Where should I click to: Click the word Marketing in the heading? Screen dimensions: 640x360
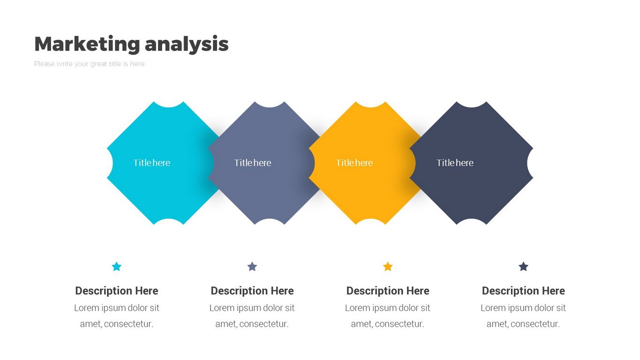[x=87, y=44]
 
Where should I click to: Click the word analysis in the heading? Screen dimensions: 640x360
[x=187, y=44]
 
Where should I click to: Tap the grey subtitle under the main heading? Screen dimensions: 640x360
[x=89, y=64]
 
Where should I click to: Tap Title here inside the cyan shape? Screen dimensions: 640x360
[x=152, y=163]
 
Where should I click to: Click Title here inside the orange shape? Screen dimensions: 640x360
[x=354, y=163]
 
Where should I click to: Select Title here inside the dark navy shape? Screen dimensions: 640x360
[x=455, y=163]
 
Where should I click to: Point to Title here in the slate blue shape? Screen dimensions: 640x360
[x=253, y=163]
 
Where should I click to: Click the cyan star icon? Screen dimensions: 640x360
[x=117, y=266]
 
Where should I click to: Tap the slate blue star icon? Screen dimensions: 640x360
[x=252, y=266]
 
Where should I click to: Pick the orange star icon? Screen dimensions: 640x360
[x=388, y=266]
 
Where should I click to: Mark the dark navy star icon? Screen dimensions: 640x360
[x=523, y=266]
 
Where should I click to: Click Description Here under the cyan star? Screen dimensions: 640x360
[x=117, y=291]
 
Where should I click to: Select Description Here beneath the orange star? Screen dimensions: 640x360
[x=388, y=291]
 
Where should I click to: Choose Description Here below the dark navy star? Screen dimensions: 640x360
[x=523, y=291]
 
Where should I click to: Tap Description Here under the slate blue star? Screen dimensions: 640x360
[x=252, y=291]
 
